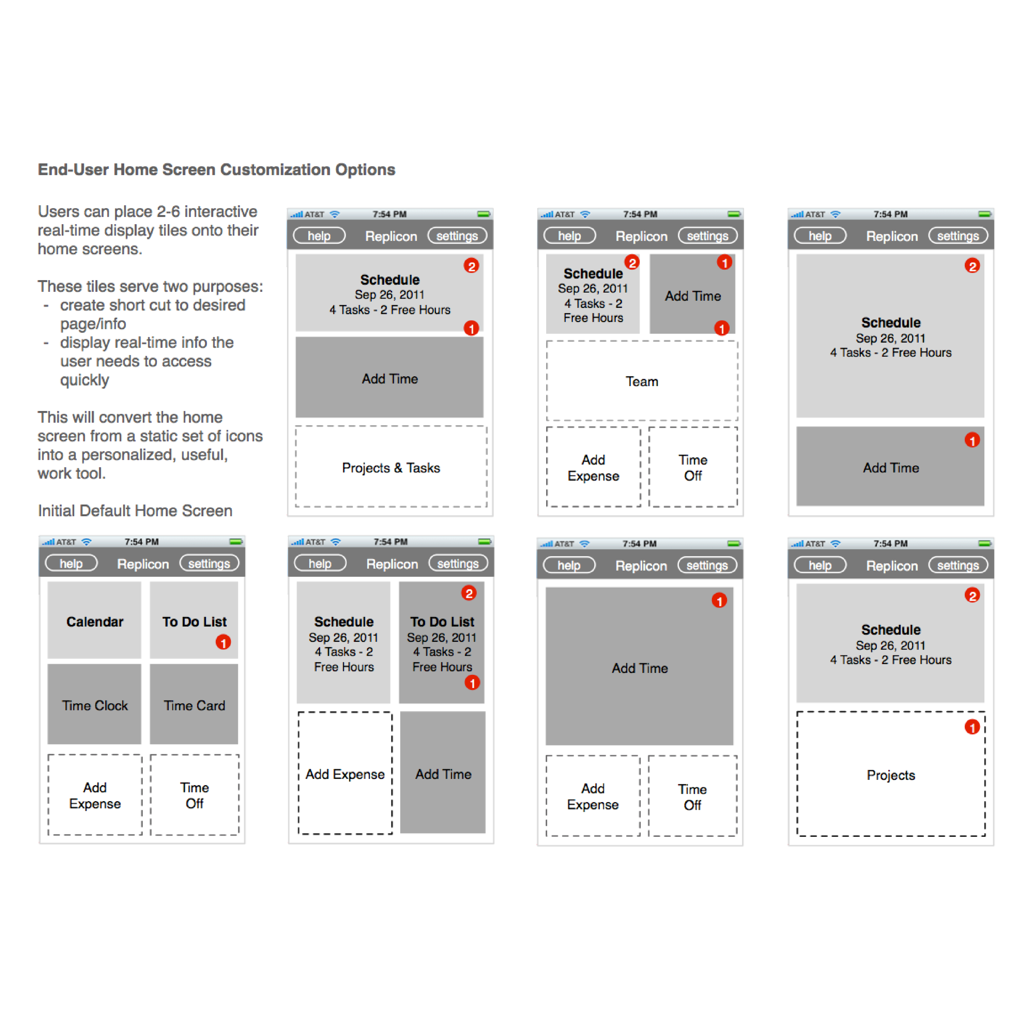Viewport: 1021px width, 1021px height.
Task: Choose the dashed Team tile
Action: (x=642, y=381)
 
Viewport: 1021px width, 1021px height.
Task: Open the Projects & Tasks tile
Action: (x=391, y=467)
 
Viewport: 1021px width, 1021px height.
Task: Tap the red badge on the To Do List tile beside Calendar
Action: (x=223, y=642)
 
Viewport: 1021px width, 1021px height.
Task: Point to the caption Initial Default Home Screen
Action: (x=135, y=510)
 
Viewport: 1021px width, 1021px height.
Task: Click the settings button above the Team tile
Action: (x=707, y=236)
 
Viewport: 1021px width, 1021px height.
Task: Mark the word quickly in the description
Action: (x=84, y=380)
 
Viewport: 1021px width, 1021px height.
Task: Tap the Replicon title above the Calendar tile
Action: (x=143, y=564)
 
